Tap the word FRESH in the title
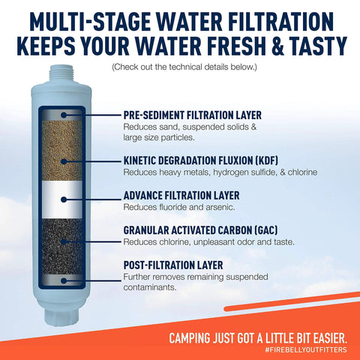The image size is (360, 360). tap(230, 43)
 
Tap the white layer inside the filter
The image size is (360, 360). tap(65, 198)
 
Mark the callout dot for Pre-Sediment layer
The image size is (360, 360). tap(65, 114)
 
